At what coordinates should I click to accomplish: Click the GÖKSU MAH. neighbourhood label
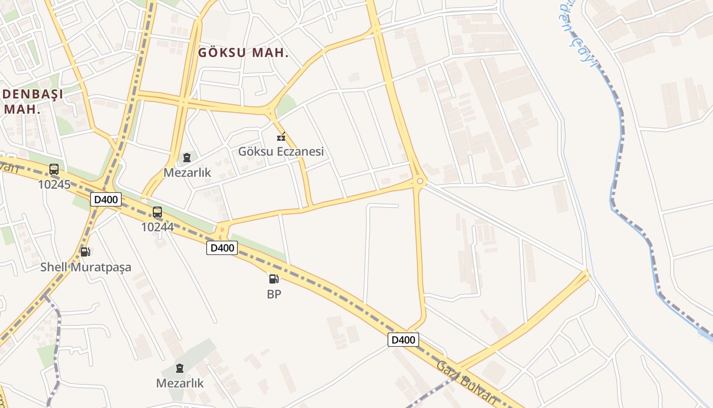pos(243,53)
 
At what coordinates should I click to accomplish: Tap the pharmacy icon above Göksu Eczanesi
pos(281,137)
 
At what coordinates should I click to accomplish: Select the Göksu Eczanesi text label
pos(281,151)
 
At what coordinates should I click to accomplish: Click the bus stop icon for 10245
pos(54,169)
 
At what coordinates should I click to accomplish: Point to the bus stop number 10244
pos(157,227)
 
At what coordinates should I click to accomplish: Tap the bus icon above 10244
pos(157,212)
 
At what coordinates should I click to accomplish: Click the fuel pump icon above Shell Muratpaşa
pos(86,251)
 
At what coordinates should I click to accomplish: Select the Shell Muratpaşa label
pos(86,267)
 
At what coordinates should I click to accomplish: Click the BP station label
pos(274,294)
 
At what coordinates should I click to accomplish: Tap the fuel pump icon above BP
pos(274,279)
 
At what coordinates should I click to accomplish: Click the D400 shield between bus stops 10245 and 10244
pos(106,199)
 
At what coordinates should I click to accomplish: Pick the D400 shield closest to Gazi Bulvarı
pos(403,339)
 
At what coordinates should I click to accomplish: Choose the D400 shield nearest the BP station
pos(222,248)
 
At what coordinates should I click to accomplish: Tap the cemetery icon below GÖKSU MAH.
pos(187,158)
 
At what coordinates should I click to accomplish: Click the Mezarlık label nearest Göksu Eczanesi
pos(187,172)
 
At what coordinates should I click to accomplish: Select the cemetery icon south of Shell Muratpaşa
pos(179,368)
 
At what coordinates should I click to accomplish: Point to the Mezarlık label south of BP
pos(180,383)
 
